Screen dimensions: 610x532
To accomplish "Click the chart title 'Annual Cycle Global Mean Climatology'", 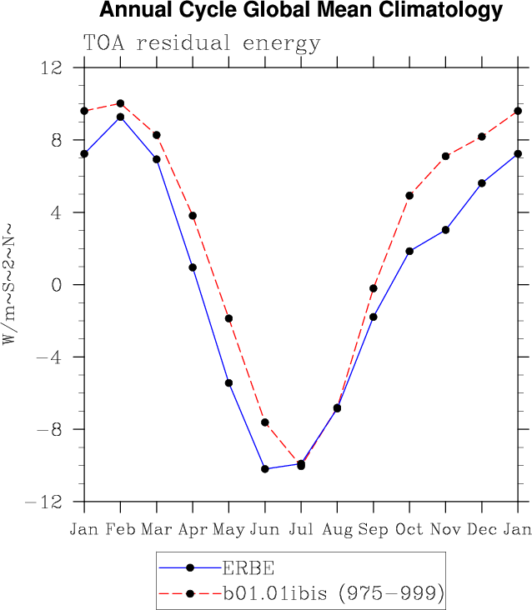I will click(x=300, y=11).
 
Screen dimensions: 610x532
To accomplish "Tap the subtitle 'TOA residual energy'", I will click(x=201, y=43).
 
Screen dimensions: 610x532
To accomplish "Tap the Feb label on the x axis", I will click(x=120, y=530).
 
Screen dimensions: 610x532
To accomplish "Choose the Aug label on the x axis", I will click(x=337, y=530).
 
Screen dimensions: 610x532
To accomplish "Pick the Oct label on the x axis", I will click(x=409, y=530).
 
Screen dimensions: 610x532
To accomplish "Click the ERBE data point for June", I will click(x=265, y=469).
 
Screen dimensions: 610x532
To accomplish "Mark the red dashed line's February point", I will click(x=120, y=103).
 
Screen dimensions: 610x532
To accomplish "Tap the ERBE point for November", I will click(x=445, y=230).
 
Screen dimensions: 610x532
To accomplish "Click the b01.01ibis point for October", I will click(x=409, y=196).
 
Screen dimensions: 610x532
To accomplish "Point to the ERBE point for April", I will click(x=193, y=267).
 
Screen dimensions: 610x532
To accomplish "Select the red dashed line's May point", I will click(x=228, y=318).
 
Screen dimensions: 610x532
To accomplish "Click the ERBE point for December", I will click(x=482, y=183).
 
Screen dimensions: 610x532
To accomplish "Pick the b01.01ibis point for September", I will click(x=374, y=288).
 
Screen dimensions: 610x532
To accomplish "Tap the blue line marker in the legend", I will click(x=190, y=568).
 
